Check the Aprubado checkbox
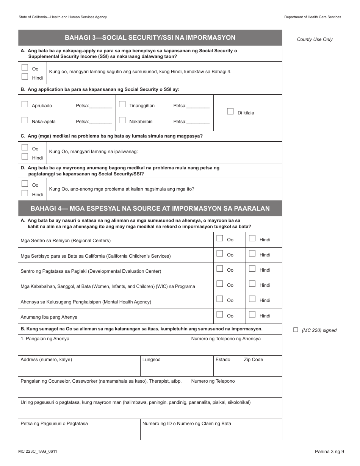(x=25, y=104)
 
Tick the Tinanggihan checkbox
(x=122, y=104)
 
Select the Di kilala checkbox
(x=230, y=111)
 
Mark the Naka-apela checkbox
(x=25, y=120)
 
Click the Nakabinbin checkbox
(x=122, y=120)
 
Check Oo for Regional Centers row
(x=219, y=238)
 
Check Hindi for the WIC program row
(x=252, y=284)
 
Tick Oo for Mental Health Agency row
(x=219, y=299)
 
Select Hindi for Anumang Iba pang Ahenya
(x=252, y=314)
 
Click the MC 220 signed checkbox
(x=296, y=330)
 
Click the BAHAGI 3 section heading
(x=150, y=38)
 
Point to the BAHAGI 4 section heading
(x=150, y=208)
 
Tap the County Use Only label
(x=315, y=39)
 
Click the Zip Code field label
(x=253, y=360)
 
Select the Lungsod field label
(x=151, y=360)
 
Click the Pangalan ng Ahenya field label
(x=45, y=339)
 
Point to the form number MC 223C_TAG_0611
(x=38, y=451)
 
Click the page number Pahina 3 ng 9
(x=329, y=451)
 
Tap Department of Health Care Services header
(x=312, y=17)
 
